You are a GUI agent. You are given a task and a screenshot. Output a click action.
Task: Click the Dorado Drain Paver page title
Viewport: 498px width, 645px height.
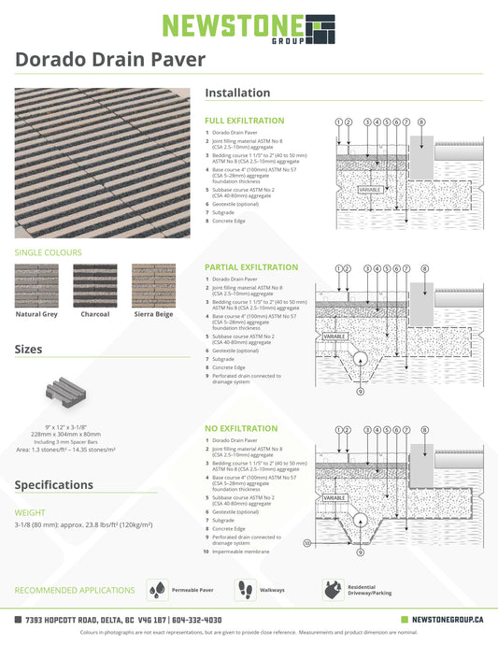[x=110, y=60]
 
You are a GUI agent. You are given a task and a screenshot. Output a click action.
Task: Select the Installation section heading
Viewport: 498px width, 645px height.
[x=237, y=93]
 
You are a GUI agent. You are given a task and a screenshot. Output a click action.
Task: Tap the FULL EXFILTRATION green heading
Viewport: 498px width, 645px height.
[x=244, y=122]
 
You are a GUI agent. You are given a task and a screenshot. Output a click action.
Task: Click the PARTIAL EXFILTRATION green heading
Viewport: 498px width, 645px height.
[x=251, y=267]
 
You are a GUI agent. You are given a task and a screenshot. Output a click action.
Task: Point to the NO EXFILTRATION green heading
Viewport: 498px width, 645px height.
[x=240, y=428]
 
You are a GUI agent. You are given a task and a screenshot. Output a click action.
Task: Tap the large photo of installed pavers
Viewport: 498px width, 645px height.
[x=102, y=163]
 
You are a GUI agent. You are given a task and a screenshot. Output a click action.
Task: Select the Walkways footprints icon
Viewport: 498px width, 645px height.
[x=248, y=590]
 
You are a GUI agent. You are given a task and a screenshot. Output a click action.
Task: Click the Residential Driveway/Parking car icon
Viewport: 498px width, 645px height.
[x=333, y=590]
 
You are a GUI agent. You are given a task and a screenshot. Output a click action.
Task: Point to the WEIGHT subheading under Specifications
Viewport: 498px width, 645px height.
[x=30, y=512]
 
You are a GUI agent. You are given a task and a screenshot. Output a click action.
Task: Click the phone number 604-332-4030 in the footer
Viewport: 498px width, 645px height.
[x=196, y=619]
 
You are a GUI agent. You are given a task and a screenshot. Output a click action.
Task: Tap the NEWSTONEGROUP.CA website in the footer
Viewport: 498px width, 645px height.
[x=447, y=619]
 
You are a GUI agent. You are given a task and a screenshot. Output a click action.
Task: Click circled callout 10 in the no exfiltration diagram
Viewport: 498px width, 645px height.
[x=306, y=542]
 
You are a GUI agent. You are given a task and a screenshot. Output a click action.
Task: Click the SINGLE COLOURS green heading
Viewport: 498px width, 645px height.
[x=48, y=252]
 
